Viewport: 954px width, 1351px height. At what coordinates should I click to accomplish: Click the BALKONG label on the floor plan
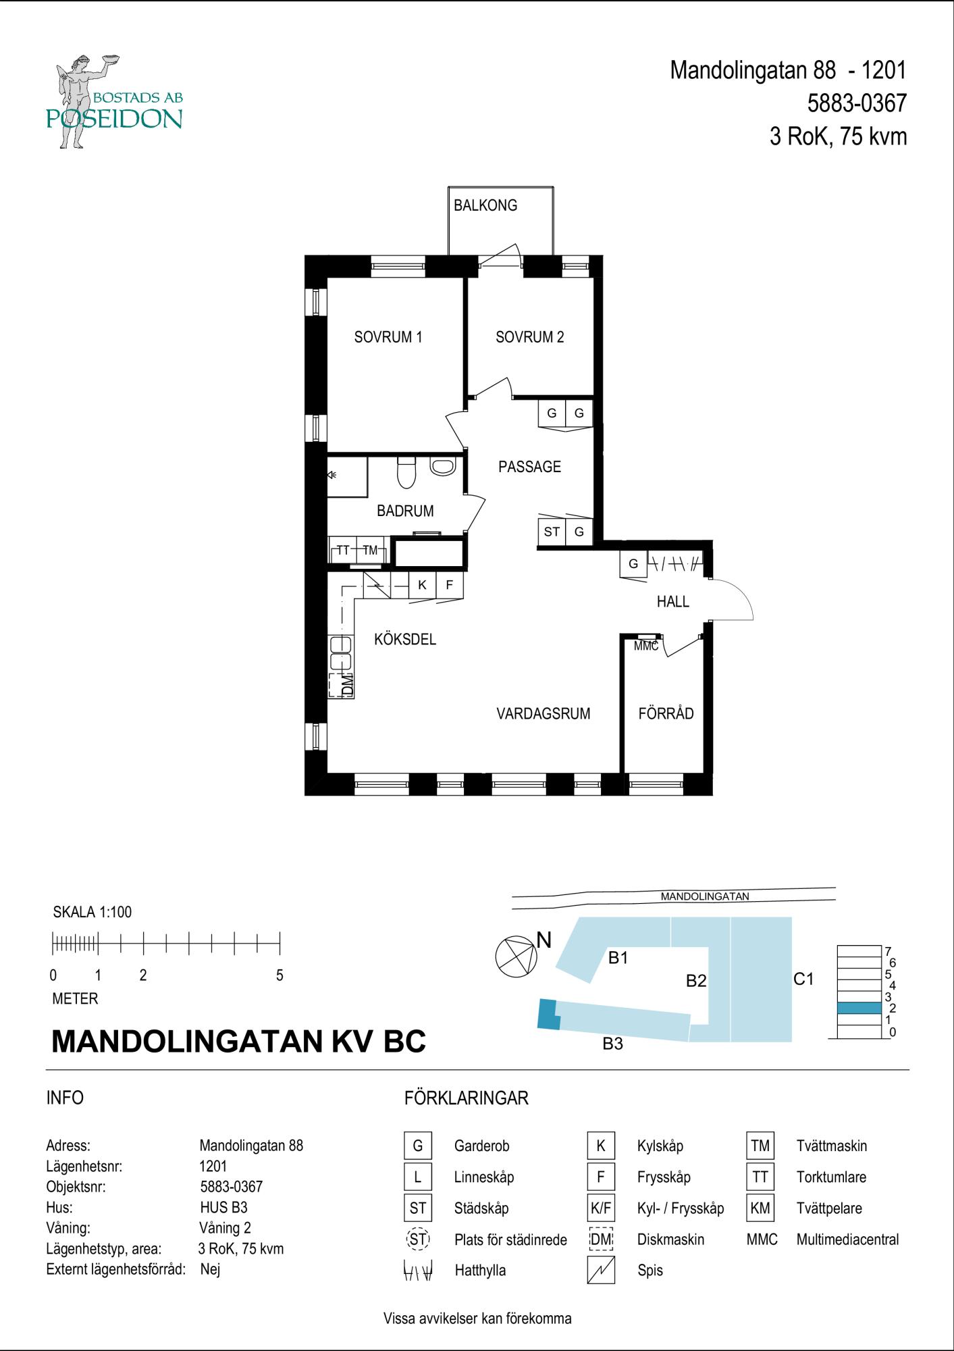(x=485, y=205)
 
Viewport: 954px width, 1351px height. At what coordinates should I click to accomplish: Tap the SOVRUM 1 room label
(x=388, y=337)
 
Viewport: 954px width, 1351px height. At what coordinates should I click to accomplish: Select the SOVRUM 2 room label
(x=530, y=337)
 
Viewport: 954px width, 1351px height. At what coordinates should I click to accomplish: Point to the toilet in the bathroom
(x=406, y=472)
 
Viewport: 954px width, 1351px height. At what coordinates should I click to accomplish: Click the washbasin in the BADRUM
(x=443, y=466)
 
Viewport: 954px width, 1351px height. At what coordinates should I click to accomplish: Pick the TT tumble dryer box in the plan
(x=342, y=550)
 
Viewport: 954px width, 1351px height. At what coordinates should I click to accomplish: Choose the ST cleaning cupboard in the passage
(x=552, y=532)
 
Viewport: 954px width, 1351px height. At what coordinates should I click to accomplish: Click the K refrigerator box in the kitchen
(x=423, y=585)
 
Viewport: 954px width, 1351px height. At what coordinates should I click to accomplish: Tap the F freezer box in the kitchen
(x=450, y=585)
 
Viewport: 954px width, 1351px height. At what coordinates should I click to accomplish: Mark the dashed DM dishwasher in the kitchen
(x=342, y=685)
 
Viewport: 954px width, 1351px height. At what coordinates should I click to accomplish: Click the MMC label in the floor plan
(x=646, y=646)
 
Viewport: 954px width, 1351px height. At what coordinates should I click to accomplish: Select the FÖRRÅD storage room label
(x=666, y=713)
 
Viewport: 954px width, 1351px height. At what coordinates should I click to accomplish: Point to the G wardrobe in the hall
(x=633, y=564)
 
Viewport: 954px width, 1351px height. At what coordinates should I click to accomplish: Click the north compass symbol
(x=516, y=957)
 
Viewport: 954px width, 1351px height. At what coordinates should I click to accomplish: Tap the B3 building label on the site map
(x=612, y=1044)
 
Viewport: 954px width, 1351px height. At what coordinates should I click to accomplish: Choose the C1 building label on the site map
(x=803, y=979)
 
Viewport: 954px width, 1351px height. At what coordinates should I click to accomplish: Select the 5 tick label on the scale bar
(x=280, y=975)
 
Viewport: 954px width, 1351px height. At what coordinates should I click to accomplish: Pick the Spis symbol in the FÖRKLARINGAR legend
(x=601, y=1270)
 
